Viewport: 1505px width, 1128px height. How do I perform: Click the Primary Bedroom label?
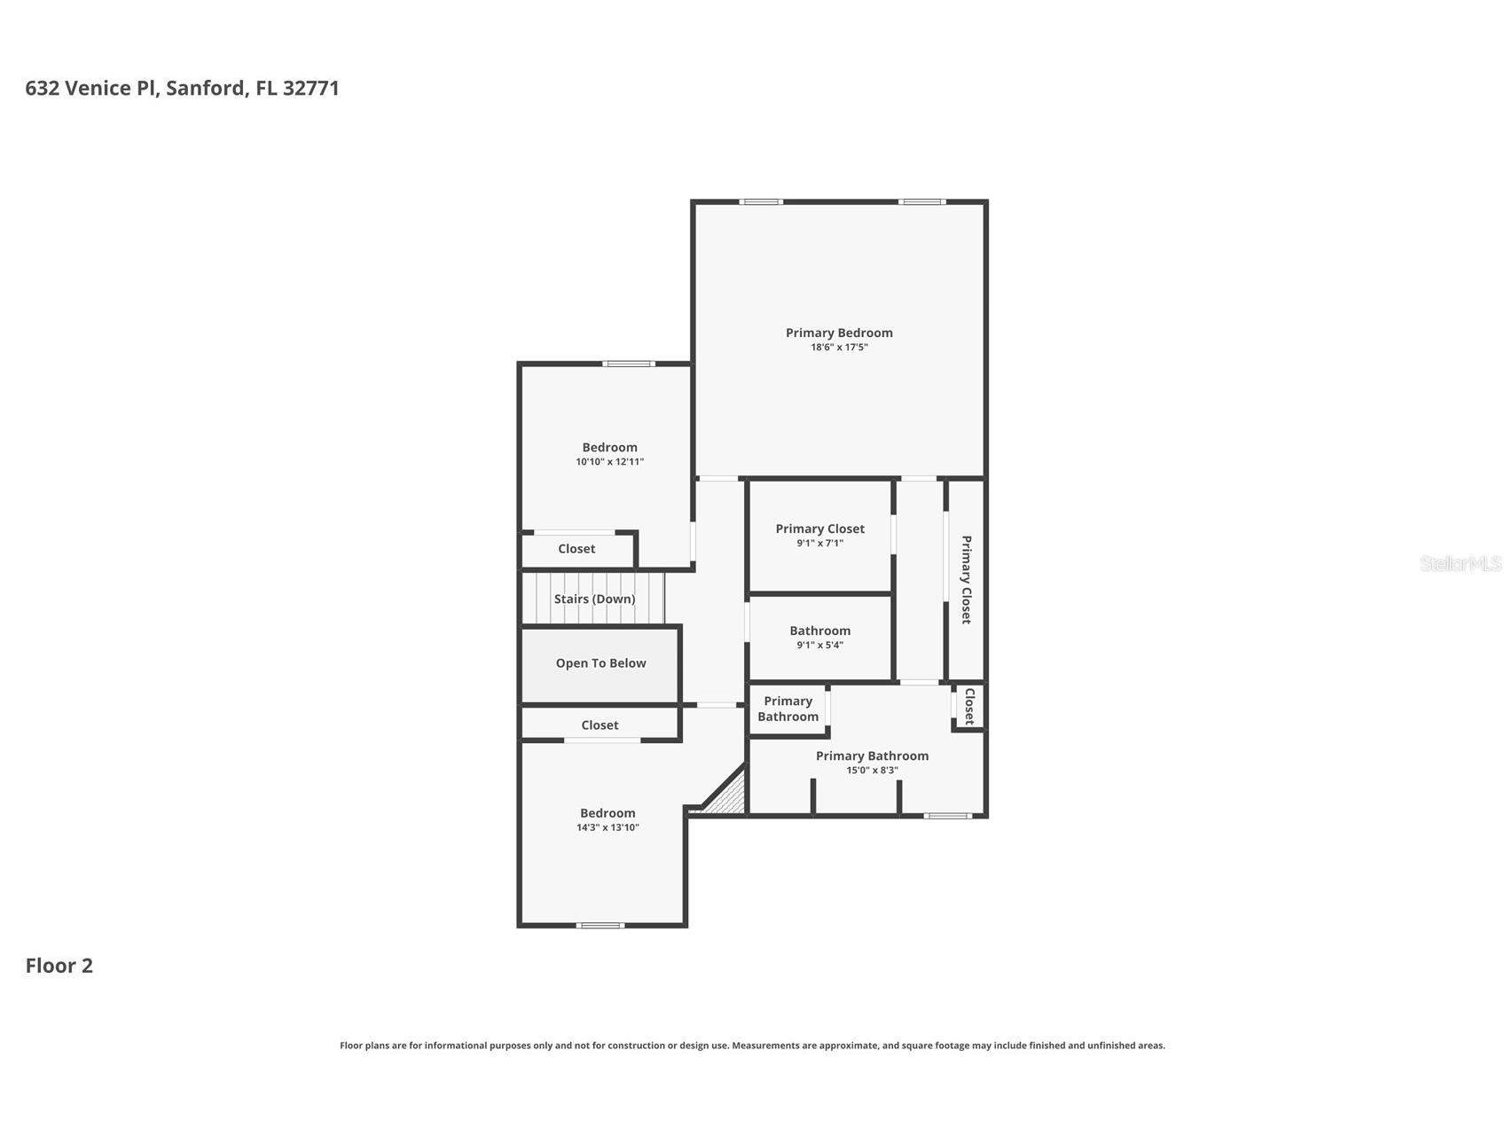click(839, 333)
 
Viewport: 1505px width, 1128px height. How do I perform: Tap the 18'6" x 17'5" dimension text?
click(839, 348)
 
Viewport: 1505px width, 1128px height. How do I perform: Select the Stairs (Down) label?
click(594, 599)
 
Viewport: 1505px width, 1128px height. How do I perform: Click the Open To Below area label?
click(600, 663)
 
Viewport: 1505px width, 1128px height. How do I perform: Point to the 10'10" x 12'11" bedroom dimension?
click(609, 462)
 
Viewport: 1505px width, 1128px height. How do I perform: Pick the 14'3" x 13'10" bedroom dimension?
click(607, 827)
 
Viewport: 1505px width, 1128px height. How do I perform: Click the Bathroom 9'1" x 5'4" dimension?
click(819, 645)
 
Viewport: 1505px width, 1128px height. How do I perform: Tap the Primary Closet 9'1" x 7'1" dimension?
click(819, 543)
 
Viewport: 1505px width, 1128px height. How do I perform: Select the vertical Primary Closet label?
click(967, 580)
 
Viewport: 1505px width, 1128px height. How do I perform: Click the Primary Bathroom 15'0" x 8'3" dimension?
click(872, 770)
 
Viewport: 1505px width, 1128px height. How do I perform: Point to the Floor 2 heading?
click(59, 966)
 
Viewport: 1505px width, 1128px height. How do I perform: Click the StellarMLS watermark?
click(1461, 563)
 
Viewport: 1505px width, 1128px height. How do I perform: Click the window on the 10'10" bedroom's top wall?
click(629, 364)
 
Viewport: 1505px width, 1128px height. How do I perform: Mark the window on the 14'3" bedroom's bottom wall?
click(600, 925)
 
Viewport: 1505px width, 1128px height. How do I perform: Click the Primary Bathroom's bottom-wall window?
click(948, 815)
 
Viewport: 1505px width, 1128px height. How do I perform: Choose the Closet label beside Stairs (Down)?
click(576, 549)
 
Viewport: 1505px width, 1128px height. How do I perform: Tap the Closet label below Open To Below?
click(600, 725)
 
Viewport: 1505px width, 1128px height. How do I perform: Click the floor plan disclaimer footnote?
click(752, 1046)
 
